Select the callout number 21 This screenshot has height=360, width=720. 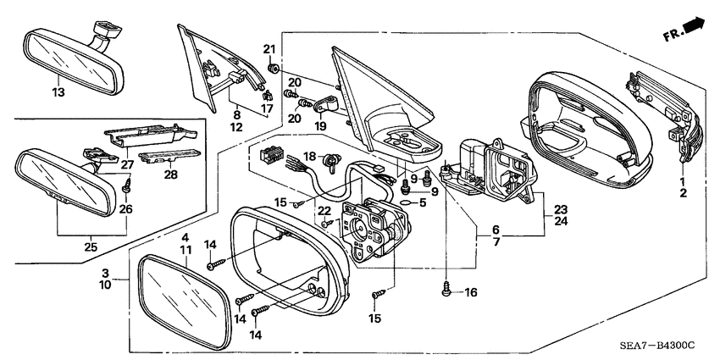click(269, 48)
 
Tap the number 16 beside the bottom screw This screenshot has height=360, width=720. click(471, 292)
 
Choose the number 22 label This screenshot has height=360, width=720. click(324, 210)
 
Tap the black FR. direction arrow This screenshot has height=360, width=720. click(693, 27)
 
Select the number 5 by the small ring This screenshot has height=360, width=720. click(421, 202)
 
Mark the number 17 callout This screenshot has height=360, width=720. click(266, 108)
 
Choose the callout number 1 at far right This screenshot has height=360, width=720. click(682, 181)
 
